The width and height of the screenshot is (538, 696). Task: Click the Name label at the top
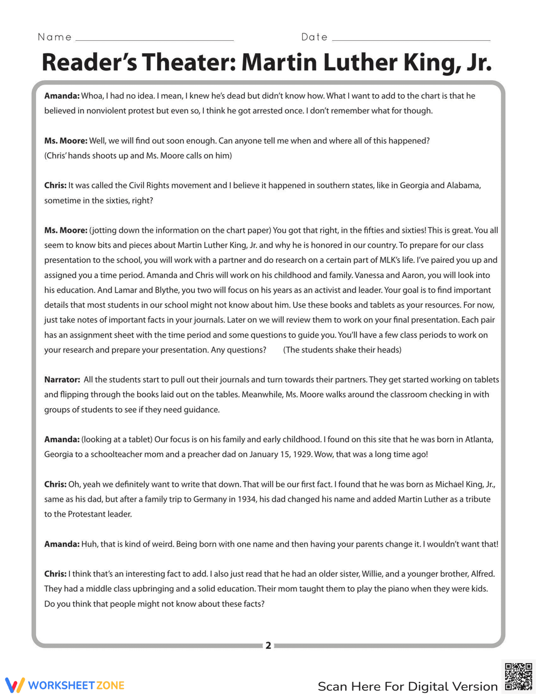pyautogui.click(x=54, y=37)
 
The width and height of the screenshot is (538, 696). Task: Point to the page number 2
pyautogui.click(x=268, y=645)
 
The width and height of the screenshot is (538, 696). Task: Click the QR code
pyautogui.click(x=519, y=676)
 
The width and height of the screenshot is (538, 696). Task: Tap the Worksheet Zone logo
pyautogui.click(x=65, y=685)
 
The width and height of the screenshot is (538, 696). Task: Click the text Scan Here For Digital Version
pyautogui.click(x=407, y=686)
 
